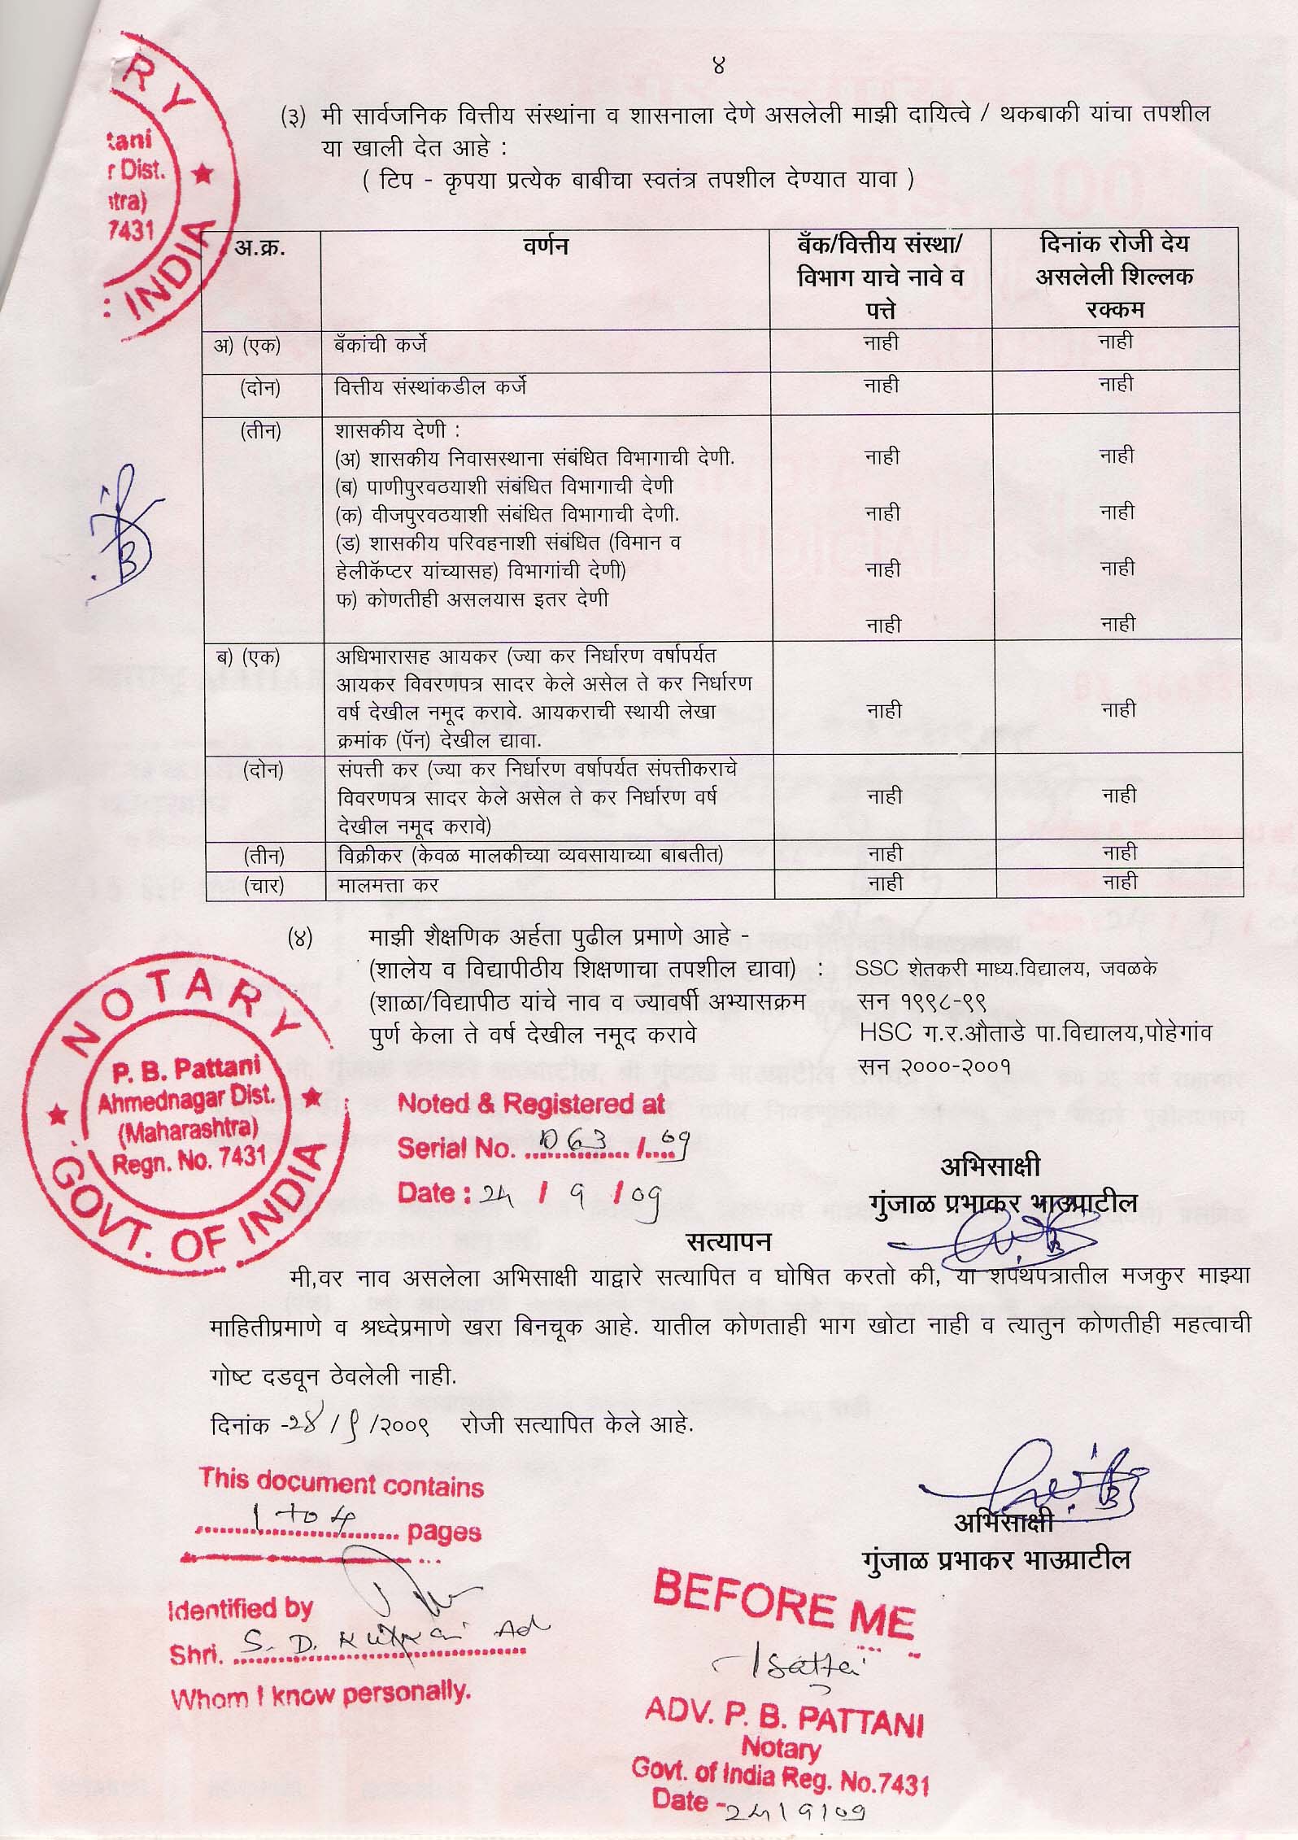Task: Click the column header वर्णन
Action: (546, 245)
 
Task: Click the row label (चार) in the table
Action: (263, 884)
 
